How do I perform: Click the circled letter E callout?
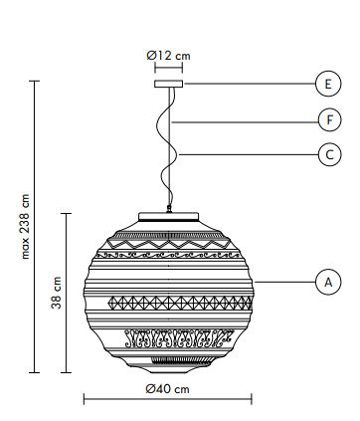(x=328, y=84)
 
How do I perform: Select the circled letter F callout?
(x=329, y=119)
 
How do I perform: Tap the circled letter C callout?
(x=329, y=154)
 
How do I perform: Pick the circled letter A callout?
(x=328, y=283)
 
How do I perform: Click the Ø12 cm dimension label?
(x=168, y=56)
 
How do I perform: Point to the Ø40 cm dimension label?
(x=168, y=388)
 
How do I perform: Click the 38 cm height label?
(x=57, y=293)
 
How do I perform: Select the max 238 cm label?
(x=25, y=227)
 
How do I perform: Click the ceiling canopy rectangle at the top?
(x=168, y=84)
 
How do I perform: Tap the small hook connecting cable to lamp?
(x=169, y=209)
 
